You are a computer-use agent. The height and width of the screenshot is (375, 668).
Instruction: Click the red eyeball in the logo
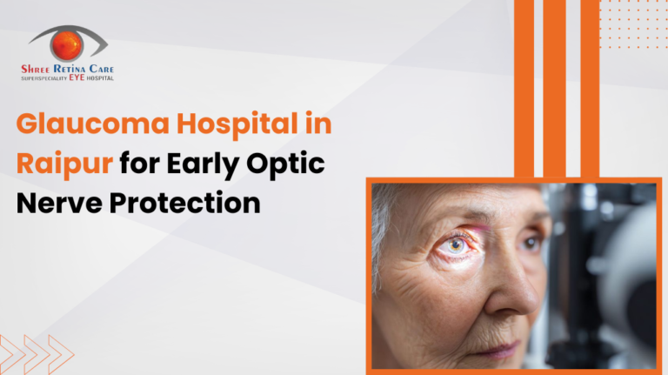(x=67, y=44)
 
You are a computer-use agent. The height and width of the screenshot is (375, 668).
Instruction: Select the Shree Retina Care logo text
(x=67, y=69)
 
